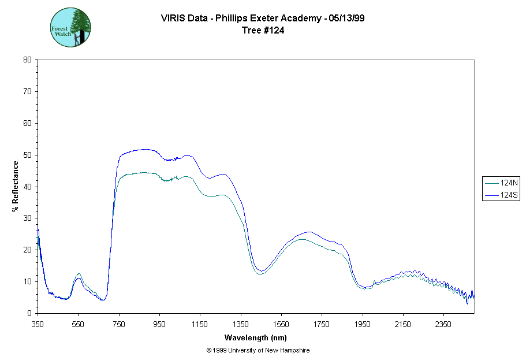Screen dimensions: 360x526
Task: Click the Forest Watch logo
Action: click(70, 27)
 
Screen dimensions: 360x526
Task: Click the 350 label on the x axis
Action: click(38, 325)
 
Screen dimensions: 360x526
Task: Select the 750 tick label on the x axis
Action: click(119, 325)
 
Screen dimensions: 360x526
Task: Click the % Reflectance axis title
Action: click(16, 186)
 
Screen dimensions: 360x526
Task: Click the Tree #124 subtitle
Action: click(263, 31)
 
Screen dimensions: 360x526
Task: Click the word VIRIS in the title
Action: click(173, 18)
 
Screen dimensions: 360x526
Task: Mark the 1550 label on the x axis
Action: click(281, 325)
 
